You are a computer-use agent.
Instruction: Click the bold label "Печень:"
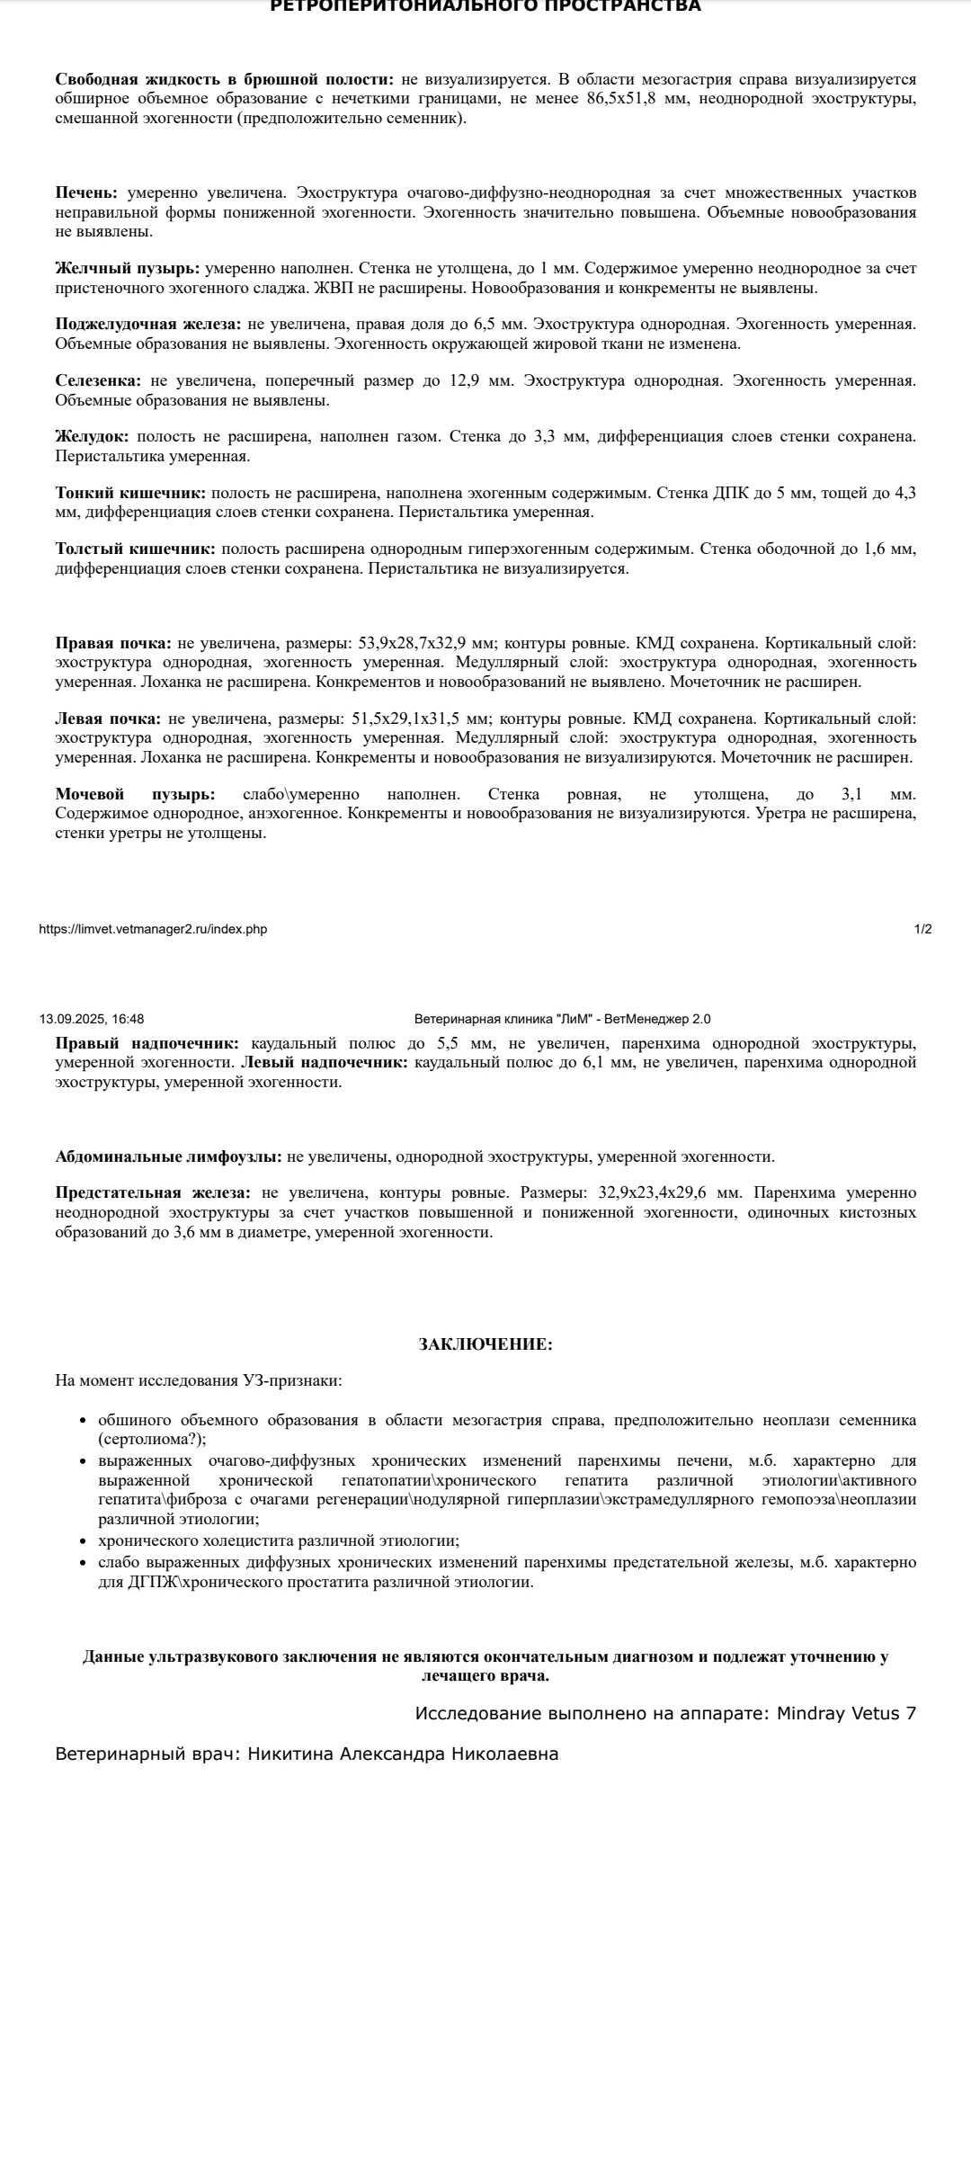[x=86, y=193]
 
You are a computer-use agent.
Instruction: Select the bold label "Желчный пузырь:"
[x=127, y=269]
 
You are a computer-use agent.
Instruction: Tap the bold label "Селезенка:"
[x=98, y=381]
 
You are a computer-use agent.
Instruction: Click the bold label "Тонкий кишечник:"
[x=130, y=494]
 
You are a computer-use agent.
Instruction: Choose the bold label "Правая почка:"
[x=113, y=644]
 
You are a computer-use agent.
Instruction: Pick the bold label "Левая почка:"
[x=108, y=719]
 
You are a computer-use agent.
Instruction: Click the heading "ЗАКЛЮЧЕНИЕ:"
[x=485, y=1344]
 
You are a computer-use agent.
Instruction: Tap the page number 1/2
[x=923, y=929]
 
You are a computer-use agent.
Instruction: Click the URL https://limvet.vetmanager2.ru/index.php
[x=153, y=929]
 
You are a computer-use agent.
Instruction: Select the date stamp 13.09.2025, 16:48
[x=92, y=1019]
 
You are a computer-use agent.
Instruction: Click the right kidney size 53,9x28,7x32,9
[x=426, y=644]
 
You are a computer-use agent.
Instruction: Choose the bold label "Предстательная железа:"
[x=153, y=1193]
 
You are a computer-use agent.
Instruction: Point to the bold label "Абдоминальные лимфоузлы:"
[x=168, y=1157]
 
